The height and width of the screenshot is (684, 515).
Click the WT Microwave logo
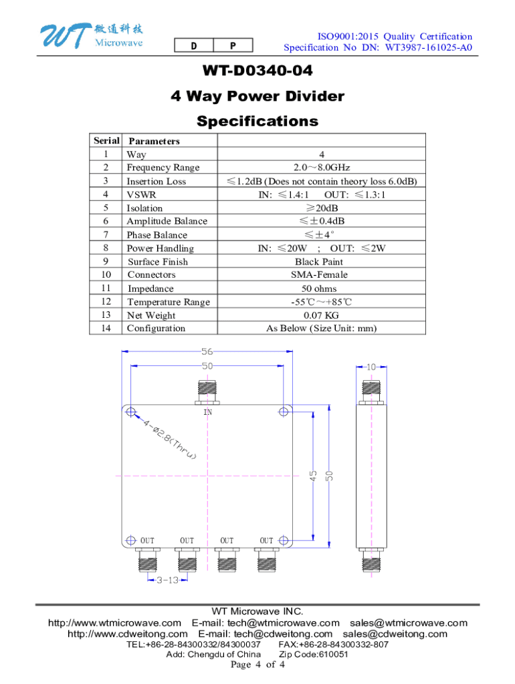point(92,35)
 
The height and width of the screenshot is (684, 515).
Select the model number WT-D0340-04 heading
point(257,71)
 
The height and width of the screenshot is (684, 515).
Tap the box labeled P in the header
point(233,45)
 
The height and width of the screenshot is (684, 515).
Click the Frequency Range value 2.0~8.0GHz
point(322,168)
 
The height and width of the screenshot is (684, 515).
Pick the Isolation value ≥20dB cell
point(322,208)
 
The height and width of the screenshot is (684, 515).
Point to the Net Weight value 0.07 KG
point(322,315)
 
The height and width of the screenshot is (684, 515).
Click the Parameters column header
point(154,141)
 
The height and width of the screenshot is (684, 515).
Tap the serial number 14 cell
point(106,328)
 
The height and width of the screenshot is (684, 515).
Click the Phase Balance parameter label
point(157,234)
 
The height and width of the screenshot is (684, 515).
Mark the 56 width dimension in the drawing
point(207,351)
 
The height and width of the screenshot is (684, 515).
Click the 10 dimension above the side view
point(371,367)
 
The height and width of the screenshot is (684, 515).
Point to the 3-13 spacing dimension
point(168,580)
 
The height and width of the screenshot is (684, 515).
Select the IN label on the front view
point(208,411)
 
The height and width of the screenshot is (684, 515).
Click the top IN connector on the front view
point(207,392)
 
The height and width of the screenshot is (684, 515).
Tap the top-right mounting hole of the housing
point(284,411)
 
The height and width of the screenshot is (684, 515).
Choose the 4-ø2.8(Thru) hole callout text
point(169,440)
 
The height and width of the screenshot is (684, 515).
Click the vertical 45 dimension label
point(313,476)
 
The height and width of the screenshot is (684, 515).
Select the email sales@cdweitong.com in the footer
point(395,634)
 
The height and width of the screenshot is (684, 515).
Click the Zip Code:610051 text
point(314,655)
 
